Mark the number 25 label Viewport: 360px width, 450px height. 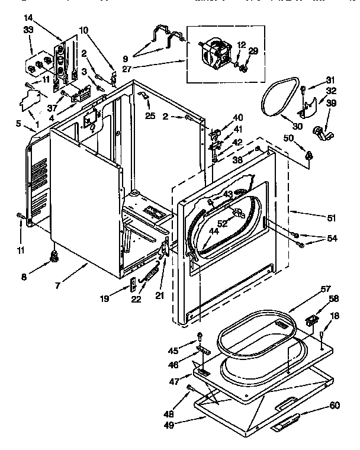(x=150, y=115)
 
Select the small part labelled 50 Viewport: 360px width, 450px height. (x=308, y=156)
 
